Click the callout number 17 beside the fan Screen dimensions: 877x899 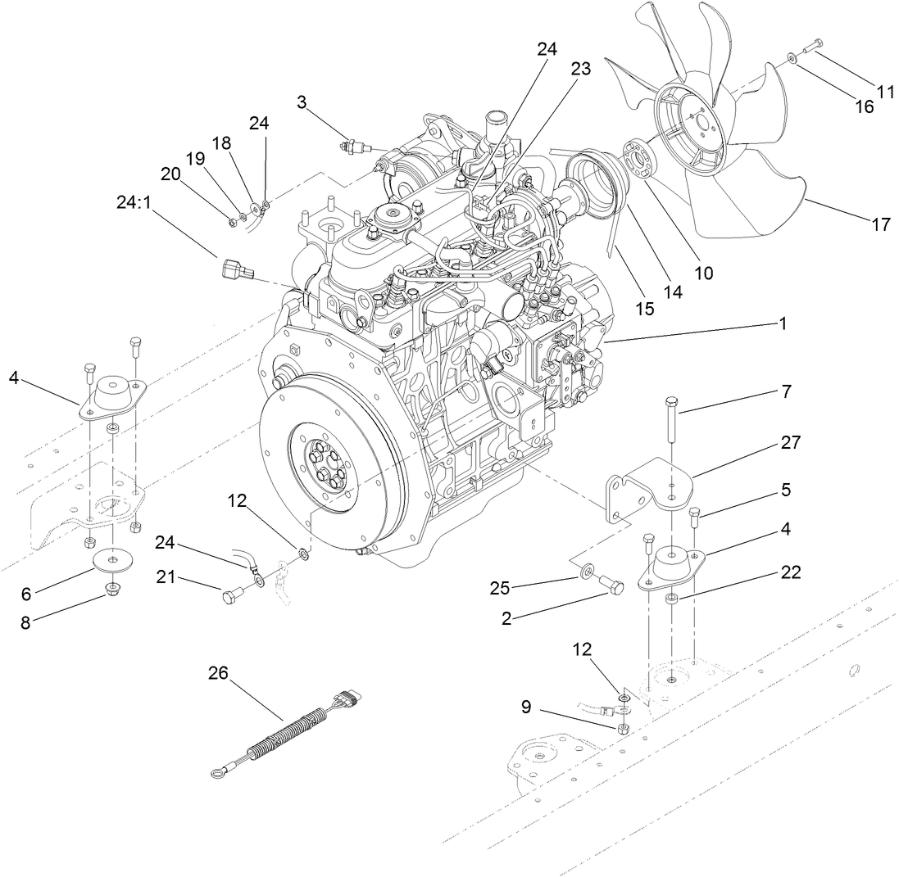[880, 224]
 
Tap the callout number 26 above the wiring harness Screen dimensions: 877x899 [219, 673]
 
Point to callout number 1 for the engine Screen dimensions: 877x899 [783, 324]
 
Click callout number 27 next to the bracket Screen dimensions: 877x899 [791, 442]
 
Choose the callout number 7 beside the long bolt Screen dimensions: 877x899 [786, 391]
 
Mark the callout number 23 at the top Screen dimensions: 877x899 [580, 70]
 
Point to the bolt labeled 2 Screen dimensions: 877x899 [612, 584]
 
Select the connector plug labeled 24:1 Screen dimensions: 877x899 [237, 269]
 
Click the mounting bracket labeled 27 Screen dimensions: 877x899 [647, 491]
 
